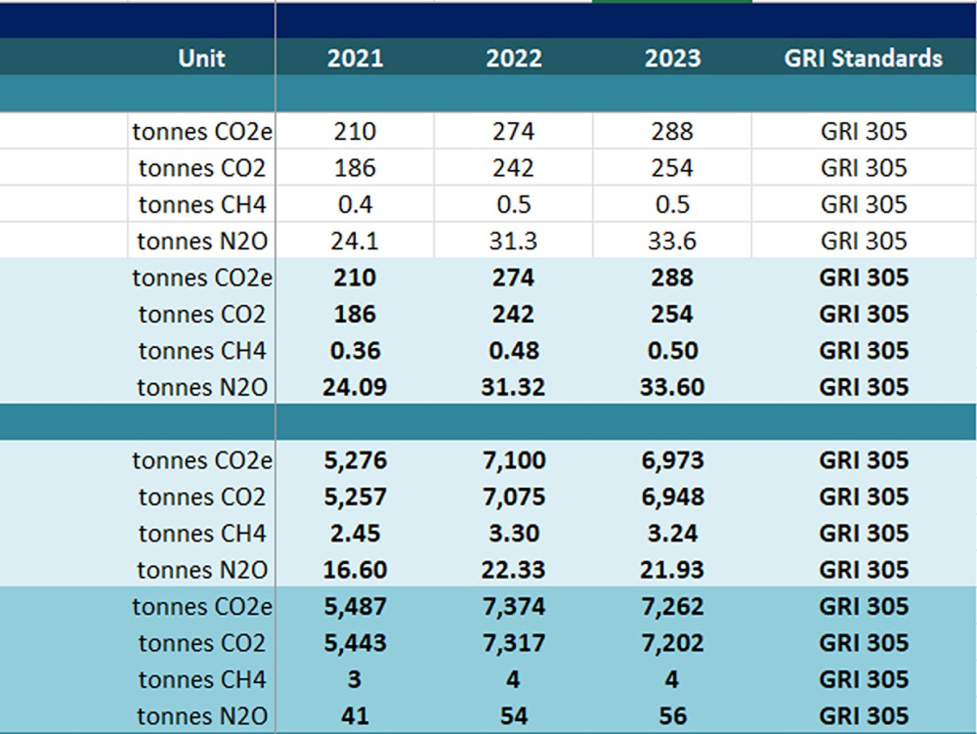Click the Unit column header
201,58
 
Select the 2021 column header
356,58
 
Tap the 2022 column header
514,58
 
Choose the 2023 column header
673,58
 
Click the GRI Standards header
864,58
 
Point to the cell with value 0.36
356,350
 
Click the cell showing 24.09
356,387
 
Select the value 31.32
514,387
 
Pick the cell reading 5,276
356,460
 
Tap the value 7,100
514,460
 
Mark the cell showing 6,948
673,497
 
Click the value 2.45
356,534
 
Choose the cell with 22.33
514,570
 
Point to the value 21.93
672,570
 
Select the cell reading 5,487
356,606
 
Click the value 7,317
514,643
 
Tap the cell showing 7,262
673,606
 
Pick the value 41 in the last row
356,716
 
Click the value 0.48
514,350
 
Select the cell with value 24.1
355,241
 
